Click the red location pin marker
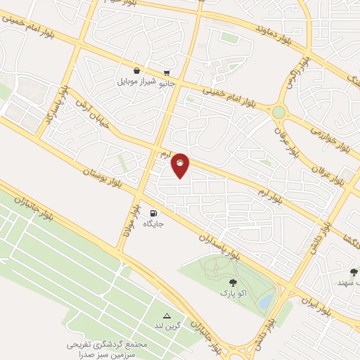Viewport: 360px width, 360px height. coord(181,165)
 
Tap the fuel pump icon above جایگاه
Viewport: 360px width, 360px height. coord(154,212)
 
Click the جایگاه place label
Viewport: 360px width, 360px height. coord(154,224)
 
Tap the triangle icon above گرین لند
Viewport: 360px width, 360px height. coord(167,315)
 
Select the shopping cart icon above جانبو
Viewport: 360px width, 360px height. coord(167,72)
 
